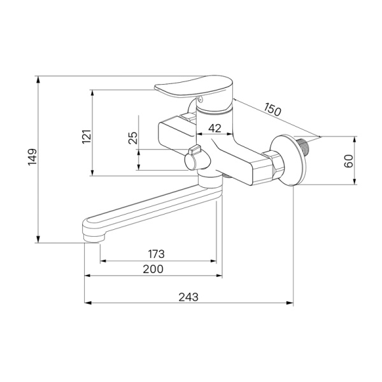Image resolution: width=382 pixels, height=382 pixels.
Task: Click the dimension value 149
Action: coord(32,157)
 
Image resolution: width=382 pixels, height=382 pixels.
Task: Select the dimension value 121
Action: coord(87,137)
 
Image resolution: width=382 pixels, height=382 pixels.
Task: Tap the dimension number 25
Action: coord(133,138)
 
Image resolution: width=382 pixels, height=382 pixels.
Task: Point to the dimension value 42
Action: coord(215,128)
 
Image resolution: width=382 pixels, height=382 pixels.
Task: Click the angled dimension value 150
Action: coord(273,110)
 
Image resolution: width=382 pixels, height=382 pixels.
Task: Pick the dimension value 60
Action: coord(349,161)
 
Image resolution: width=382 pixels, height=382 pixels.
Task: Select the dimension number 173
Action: coord(157,254)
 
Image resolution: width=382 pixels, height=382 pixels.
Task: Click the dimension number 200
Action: coord(153,269)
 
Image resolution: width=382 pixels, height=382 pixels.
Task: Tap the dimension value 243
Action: coord(188,297)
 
